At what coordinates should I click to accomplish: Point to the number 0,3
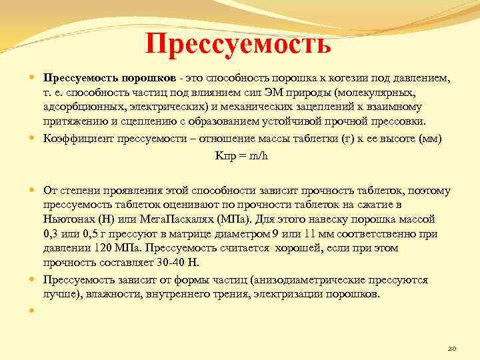(x=52, y=233)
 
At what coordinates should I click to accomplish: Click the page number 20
(x=451, y=347)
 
